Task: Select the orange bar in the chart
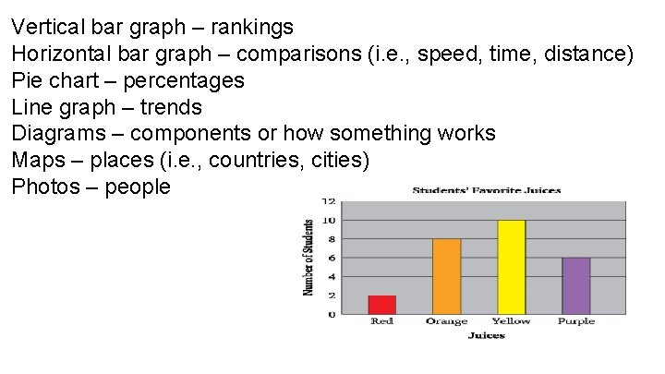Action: (x=446, y=276)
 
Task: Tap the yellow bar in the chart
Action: (x=511, y=267)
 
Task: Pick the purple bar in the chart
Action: (x=575, y=285)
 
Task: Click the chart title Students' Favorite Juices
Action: (x=486, y=191)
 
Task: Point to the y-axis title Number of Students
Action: (x=308, y=257)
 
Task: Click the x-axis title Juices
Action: (x=486, y=335)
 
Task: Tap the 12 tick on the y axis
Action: (x=330, y=200)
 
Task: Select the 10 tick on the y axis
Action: (x=330, y=220)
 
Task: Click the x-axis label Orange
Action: (x=446, y=321)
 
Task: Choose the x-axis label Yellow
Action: (x=511, y=321)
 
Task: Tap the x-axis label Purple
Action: (x=576, y=321)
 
